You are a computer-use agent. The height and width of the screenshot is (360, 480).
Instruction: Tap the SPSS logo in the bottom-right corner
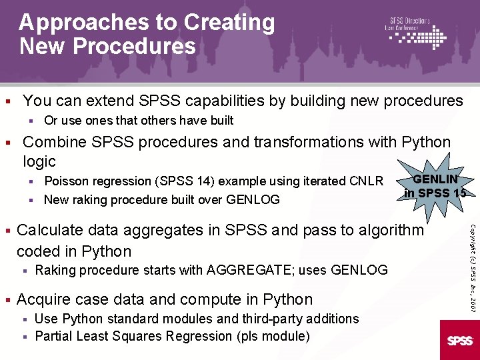coord(459,341)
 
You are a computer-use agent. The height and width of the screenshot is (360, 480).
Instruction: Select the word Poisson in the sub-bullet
coord(65,181)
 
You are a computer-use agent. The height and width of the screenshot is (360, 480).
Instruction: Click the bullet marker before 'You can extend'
coord(7,101)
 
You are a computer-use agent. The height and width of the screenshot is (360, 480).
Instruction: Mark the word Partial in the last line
coord(53,336)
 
